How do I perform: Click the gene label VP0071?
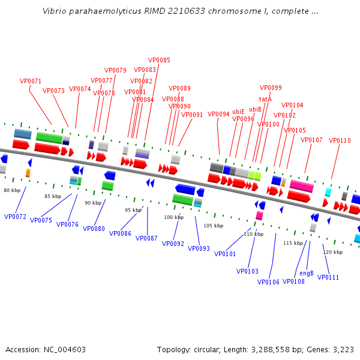point(31,81)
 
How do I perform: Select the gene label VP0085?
point(159,60)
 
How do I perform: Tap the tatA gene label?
point(265,99)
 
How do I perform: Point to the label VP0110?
point(340,140)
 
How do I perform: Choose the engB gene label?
point(307,273)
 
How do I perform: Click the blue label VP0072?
point(15,216)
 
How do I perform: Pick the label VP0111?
point(328,277)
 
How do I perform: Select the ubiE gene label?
point(238,112)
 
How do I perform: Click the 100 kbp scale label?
point(173,217)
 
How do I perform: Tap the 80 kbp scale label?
point(12,190)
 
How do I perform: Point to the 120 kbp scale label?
point(332,252)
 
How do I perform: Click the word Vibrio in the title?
point(55,11)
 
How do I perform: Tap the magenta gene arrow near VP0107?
point(302,186)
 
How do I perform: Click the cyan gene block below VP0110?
point(328,192)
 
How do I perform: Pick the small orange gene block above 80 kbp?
point(28,173)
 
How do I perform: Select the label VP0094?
point(218,114)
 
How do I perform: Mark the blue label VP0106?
point(268,282)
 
